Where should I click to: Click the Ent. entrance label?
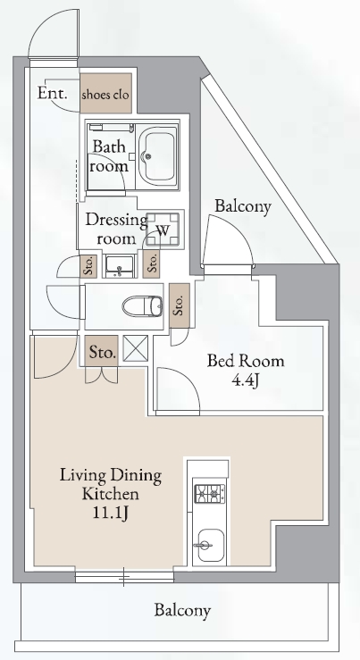pyautogui.click(x=52, y=93)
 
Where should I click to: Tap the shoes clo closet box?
pyautogui.click(x=105, y=93)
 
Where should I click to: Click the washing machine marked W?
pyautogui.click(x=163, y=230)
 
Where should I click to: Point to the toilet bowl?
pyautogui.click(x=143, y=306)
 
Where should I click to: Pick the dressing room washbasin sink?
pyautogui.click(x=120, y=266)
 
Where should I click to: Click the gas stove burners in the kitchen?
pyautogui.click(x=210, y=494)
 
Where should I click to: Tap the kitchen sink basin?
pyautogui.click(x=210, y=546)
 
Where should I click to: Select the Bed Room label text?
pyautogui.click(x=246, y=361)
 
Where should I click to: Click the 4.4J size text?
pyautogui.click(x=245, y=380)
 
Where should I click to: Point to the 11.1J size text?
pyautogui.click(x=110, y=514)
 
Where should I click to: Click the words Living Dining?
pyautogui.click(x=110, y=475)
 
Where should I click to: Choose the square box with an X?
pyautogui.click(x=136, y=348)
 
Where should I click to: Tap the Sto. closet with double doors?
pyautogui.click(x=102, y=351)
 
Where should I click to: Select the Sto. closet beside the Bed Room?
pyautogui.click(x=180, y=305)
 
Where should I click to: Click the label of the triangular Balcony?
pyautogui.click(x=243, y=206)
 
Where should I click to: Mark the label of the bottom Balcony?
pyautogui.click(x=182, y=610)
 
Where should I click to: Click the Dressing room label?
pyautogui.click(x=117, y=229)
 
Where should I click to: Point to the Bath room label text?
pyautogui.click(x=109, y=156)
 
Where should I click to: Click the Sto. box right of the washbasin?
pyautogui.click(x=151, y=264)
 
